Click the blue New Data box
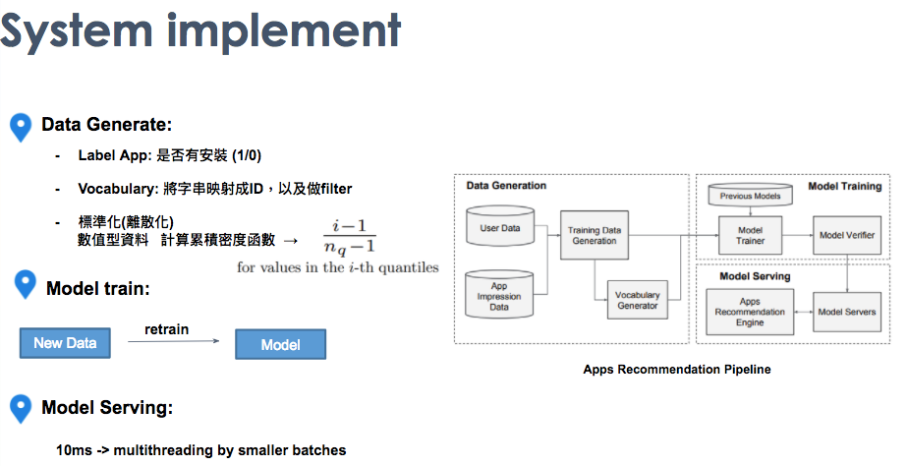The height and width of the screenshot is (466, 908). point(65,343)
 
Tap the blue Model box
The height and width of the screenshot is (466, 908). point(280,344)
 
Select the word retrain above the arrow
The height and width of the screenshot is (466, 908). point(166,329)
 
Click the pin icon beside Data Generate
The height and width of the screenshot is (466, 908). point(21,128)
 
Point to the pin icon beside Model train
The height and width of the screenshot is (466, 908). point(25,284)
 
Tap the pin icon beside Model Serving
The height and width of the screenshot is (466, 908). point(21,409)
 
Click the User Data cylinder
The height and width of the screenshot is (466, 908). point(500,226)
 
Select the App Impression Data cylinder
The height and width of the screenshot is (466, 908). point(499,294)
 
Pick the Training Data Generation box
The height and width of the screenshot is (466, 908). point(595,235)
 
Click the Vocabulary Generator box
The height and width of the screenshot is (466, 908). point(637,300)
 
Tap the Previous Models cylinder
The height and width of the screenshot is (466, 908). point(751,195)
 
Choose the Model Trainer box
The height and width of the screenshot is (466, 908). point(751,235)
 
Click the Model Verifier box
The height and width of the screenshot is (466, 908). point(847,235)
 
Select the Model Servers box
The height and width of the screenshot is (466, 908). point(847,312)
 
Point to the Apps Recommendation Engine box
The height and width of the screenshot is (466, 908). point(750,312)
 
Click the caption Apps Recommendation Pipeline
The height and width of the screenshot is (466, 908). point(677,370)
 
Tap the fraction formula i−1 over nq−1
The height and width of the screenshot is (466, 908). point(350,237)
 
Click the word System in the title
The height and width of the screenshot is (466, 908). point(77,30)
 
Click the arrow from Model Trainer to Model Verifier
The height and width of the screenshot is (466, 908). point(797,235)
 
